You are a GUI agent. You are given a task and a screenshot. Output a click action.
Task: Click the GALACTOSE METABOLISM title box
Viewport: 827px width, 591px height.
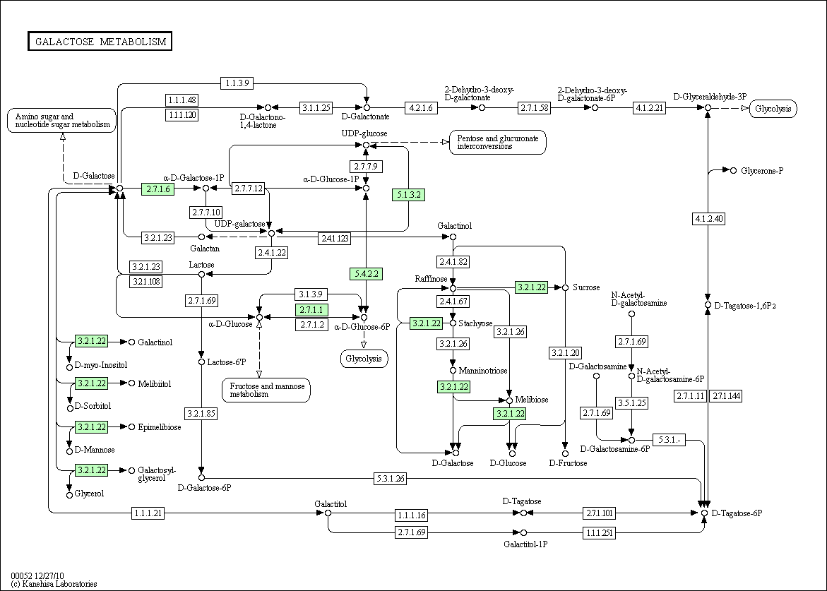click(100, 42)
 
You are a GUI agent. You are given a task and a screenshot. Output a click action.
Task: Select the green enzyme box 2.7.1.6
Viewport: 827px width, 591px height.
click(157, 189)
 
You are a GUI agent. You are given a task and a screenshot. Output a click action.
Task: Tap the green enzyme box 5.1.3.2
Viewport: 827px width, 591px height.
click(408, 195)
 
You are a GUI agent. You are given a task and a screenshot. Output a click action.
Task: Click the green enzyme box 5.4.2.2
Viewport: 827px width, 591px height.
click(366, 274)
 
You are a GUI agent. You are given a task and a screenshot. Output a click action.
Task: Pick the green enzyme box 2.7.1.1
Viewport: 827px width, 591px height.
click(311, 310)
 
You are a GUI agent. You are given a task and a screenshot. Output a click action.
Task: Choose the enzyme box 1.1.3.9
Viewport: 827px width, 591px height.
click(237, 83)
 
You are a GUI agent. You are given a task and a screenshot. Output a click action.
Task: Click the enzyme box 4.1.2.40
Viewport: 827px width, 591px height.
click(708, 218)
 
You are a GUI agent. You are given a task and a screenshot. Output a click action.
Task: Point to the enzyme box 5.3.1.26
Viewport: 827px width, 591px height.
click(391, 479)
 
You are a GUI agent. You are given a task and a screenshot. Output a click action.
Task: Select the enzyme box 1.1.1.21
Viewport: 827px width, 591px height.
click(148, 513)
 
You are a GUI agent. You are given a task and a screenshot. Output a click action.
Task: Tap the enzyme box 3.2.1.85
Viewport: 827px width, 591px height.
click(201, 414)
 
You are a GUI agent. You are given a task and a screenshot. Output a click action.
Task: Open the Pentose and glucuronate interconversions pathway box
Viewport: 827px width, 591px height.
click(497, 143)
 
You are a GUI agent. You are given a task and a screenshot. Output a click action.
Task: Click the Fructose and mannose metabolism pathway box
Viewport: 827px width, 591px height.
click(266, 390)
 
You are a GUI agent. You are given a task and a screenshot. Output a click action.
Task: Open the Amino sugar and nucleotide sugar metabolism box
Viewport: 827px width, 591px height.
click(61, 120)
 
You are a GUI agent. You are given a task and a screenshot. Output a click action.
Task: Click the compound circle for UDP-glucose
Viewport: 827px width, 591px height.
click(366, 145)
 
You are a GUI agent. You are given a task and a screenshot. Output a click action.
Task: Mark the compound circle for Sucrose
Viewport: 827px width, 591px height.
click(566, 288)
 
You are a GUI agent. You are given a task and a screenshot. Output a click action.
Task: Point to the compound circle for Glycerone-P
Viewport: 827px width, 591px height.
click(733, 170)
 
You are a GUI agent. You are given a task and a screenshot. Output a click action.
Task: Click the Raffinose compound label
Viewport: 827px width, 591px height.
click(431, 279)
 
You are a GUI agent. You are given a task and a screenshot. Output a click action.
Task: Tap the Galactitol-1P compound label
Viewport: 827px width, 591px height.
click(525, 544)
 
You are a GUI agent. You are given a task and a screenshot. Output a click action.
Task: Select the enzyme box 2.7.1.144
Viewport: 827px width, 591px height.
click(726, 396)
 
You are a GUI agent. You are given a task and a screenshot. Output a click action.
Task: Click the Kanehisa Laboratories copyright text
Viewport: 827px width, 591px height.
click(54, 584)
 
